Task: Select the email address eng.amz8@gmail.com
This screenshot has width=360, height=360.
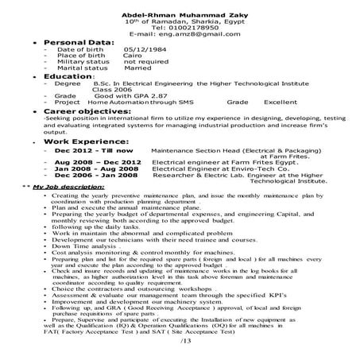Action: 195,36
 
